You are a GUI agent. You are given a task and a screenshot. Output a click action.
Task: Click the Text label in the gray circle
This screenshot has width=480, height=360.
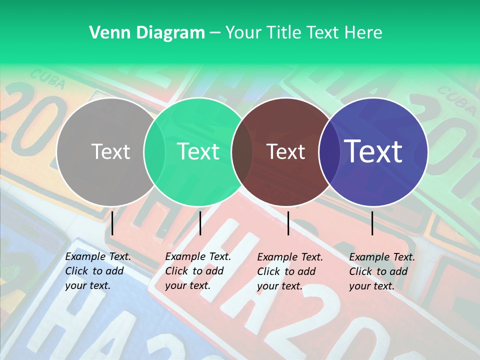(x=110, y=151)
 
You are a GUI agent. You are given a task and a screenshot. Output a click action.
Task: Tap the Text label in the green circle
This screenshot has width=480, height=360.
(x=198, y=151)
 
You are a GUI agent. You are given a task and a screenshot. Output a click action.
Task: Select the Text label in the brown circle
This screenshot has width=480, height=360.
(x=285, y=151)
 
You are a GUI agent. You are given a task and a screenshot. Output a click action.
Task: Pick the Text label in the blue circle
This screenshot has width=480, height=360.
(x=373, y=151)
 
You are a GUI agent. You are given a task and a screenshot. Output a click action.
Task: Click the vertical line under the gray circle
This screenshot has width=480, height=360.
(x=112, y=223)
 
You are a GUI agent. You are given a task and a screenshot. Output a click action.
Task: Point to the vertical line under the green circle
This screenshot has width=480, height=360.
(x=200, y=223)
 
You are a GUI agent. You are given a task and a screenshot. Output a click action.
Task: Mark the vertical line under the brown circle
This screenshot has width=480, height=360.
(x=288, y=223)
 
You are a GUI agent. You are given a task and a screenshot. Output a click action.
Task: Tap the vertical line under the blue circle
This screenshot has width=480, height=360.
(x=372, y=223)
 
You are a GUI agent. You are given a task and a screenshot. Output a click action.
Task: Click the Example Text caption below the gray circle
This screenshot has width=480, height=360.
(x=97, y=271)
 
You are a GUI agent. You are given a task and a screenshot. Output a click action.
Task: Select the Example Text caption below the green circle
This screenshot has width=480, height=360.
(x=197, y=271)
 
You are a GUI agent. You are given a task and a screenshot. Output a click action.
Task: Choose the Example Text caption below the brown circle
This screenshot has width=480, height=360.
(x=289, y=271)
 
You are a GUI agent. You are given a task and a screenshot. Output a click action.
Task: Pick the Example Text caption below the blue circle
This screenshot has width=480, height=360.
(x=381, y=271)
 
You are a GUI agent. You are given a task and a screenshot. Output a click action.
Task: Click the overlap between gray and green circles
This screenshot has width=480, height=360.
(x=155, y=151)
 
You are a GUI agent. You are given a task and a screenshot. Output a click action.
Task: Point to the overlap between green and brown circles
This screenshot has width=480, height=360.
(x=242, y=151)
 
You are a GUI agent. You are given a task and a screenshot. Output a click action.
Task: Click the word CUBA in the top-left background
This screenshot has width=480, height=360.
(x=48, y=79)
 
